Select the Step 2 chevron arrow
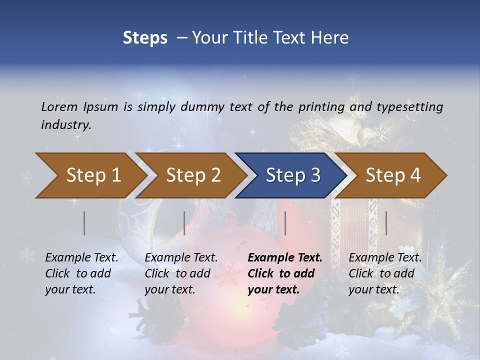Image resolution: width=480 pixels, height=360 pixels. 193,175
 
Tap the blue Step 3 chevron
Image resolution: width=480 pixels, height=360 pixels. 293,175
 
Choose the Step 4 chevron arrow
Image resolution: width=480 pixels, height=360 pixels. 393,175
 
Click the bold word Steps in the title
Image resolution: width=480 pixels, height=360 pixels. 145,38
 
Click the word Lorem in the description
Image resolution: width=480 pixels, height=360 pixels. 59,106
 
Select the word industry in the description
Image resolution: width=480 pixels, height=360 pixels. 66,124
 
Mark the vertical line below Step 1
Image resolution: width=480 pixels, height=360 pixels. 84,223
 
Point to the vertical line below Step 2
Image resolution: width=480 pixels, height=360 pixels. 184,223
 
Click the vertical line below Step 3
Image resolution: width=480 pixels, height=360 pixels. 285,223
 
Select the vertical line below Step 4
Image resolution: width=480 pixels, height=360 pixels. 386,223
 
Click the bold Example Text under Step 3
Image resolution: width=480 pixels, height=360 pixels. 285,258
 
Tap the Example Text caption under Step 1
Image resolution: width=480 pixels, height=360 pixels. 81,258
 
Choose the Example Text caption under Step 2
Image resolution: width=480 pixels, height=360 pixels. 181,258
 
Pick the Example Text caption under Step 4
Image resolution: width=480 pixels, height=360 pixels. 385,258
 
